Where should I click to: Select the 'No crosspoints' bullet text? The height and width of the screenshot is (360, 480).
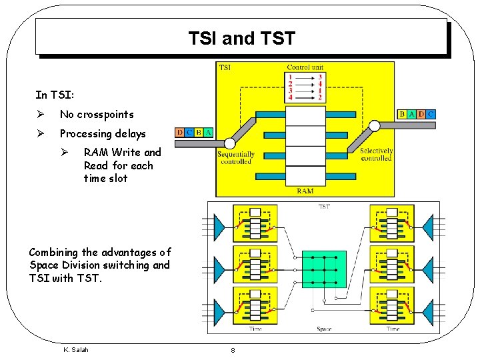97,115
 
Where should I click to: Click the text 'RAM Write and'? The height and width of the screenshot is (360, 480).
123,153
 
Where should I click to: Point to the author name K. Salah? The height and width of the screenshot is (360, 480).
75,349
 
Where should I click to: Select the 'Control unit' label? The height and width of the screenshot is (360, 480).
305,67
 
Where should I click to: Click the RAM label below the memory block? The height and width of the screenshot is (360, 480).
305,191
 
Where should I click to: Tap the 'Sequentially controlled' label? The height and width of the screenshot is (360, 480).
235,158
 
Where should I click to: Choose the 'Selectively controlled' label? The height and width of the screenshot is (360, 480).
377,155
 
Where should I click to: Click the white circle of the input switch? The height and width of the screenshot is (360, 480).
230,143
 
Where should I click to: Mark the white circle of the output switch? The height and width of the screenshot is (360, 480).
375,125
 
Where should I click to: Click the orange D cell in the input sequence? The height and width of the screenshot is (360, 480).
179,133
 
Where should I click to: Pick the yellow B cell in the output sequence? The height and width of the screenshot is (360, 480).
402,115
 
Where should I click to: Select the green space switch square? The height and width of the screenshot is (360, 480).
324,269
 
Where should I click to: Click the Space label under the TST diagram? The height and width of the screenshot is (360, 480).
324,329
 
